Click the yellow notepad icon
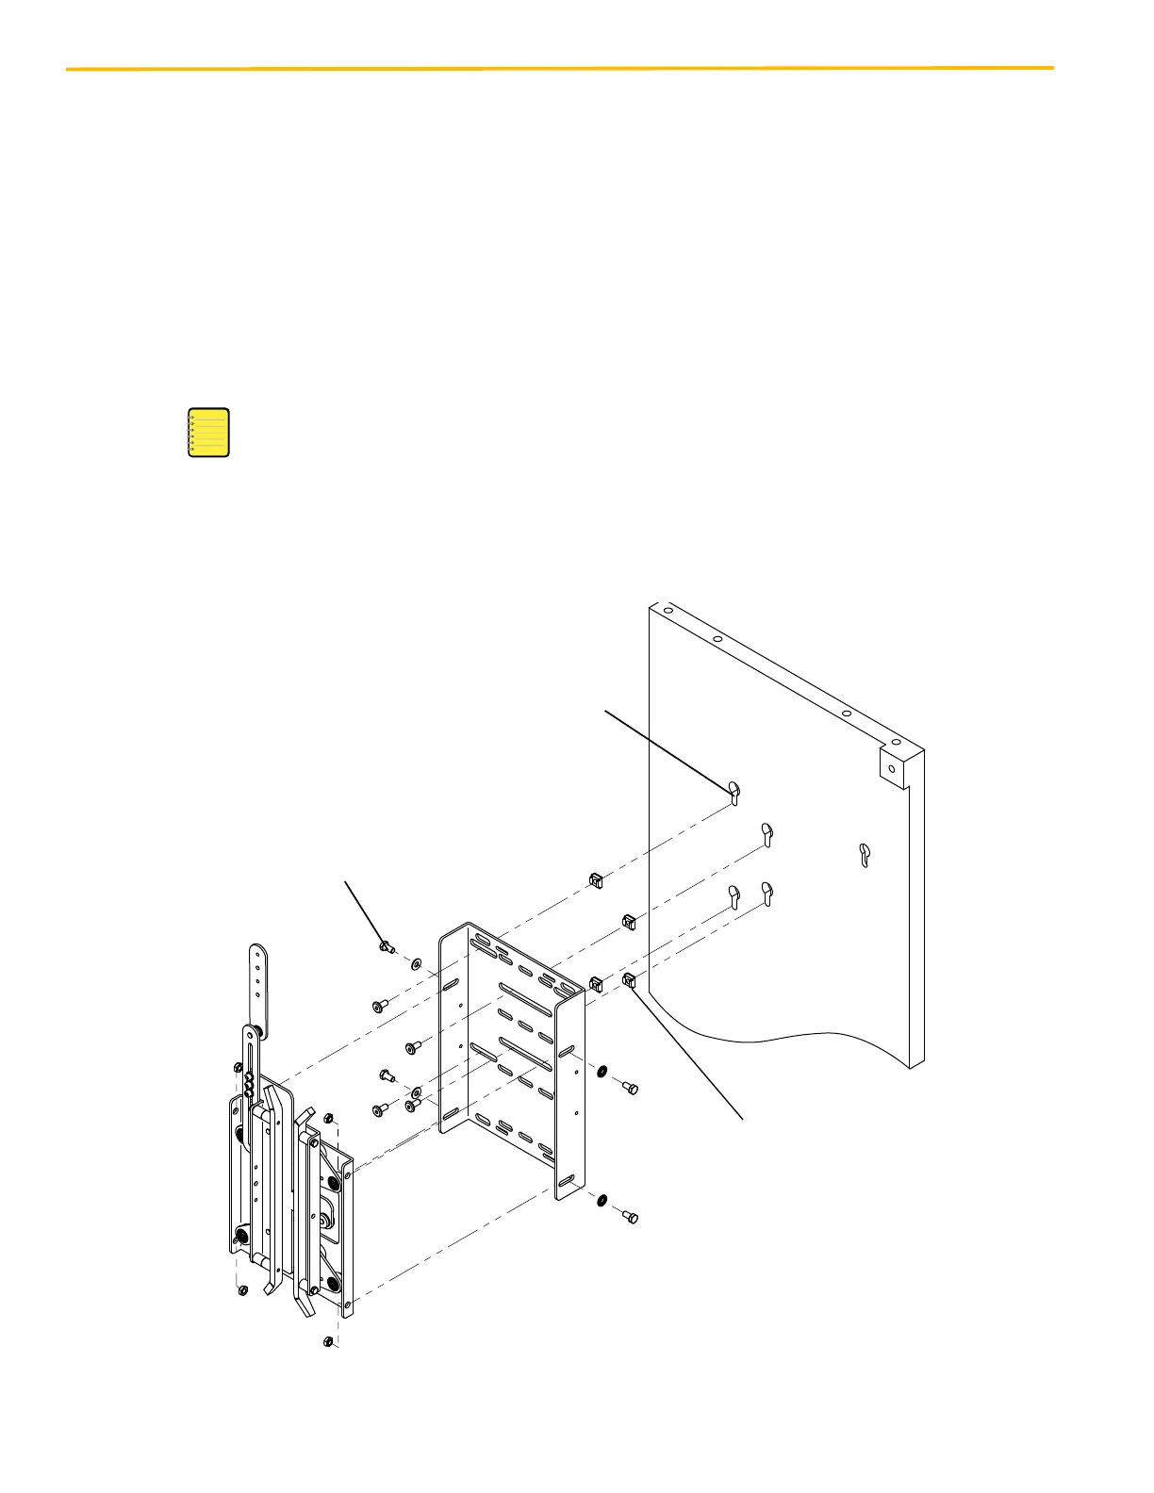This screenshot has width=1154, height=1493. [x=208, y=433]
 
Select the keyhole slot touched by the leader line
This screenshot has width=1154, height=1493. [x=734, y=793]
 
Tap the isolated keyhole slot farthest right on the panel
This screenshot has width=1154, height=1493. [x=865, y=854]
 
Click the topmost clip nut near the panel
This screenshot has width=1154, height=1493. [x=595, y=879]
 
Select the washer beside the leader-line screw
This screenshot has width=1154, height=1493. [x=416, y=964]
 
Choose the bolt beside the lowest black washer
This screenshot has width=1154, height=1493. [x=631, y=1218]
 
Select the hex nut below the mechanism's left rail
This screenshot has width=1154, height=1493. [x=242, y=1289]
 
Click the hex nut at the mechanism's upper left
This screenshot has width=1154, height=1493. [x=238, y=1066]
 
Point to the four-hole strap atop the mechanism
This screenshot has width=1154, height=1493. [x=257, y=990]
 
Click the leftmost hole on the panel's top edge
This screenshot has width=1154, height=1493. [x=666, y=608]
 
